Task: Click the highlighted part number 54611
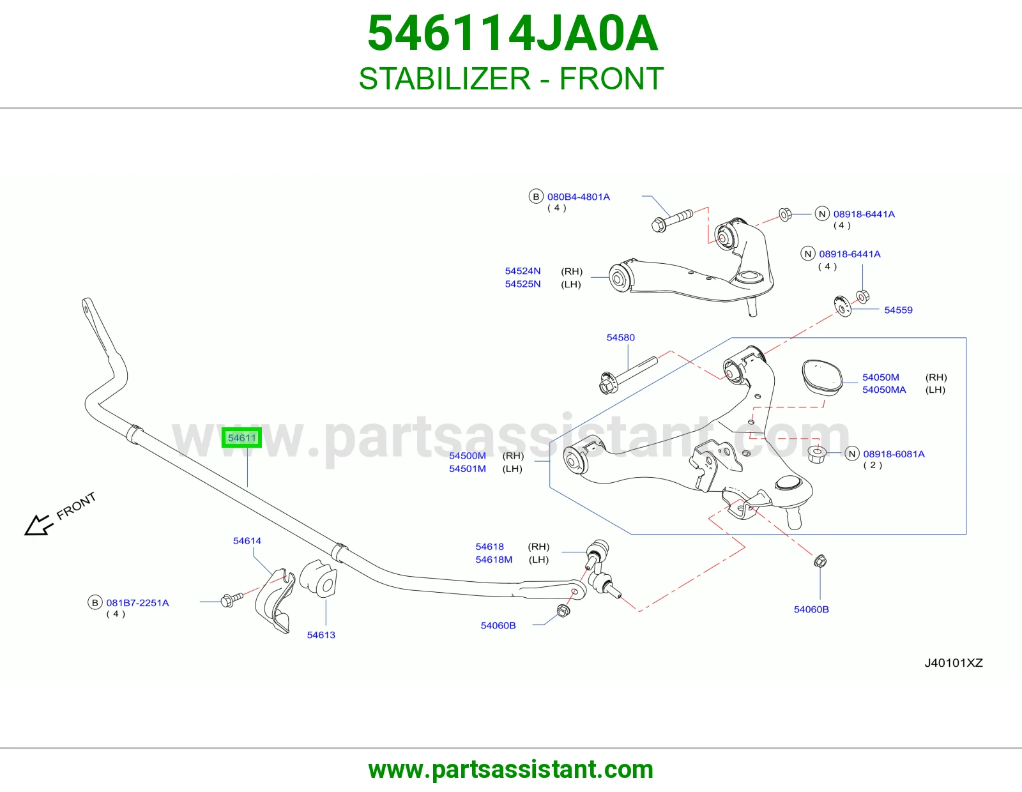241,438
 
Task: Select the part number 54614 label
247,541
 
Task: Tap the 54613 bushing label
321,635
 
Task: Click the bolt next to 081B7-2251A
231,600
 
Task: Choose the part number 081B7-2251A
137,603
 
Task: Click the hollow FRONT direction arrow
38,524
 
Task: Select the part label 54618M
493,560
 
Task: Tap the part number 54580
620,337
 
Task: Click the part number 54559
898,310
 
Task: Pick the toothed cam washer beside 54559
842,306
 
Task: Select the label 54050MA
884,390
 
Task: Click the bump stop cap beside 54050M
821,378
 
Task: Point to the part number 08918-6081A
894,454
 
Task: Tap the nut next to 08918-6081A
817,454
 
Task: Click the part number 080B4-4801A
579,197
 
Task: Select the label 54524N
522,271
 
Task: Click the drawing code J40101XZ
953,663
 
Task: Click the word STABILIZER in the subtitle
445,79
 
